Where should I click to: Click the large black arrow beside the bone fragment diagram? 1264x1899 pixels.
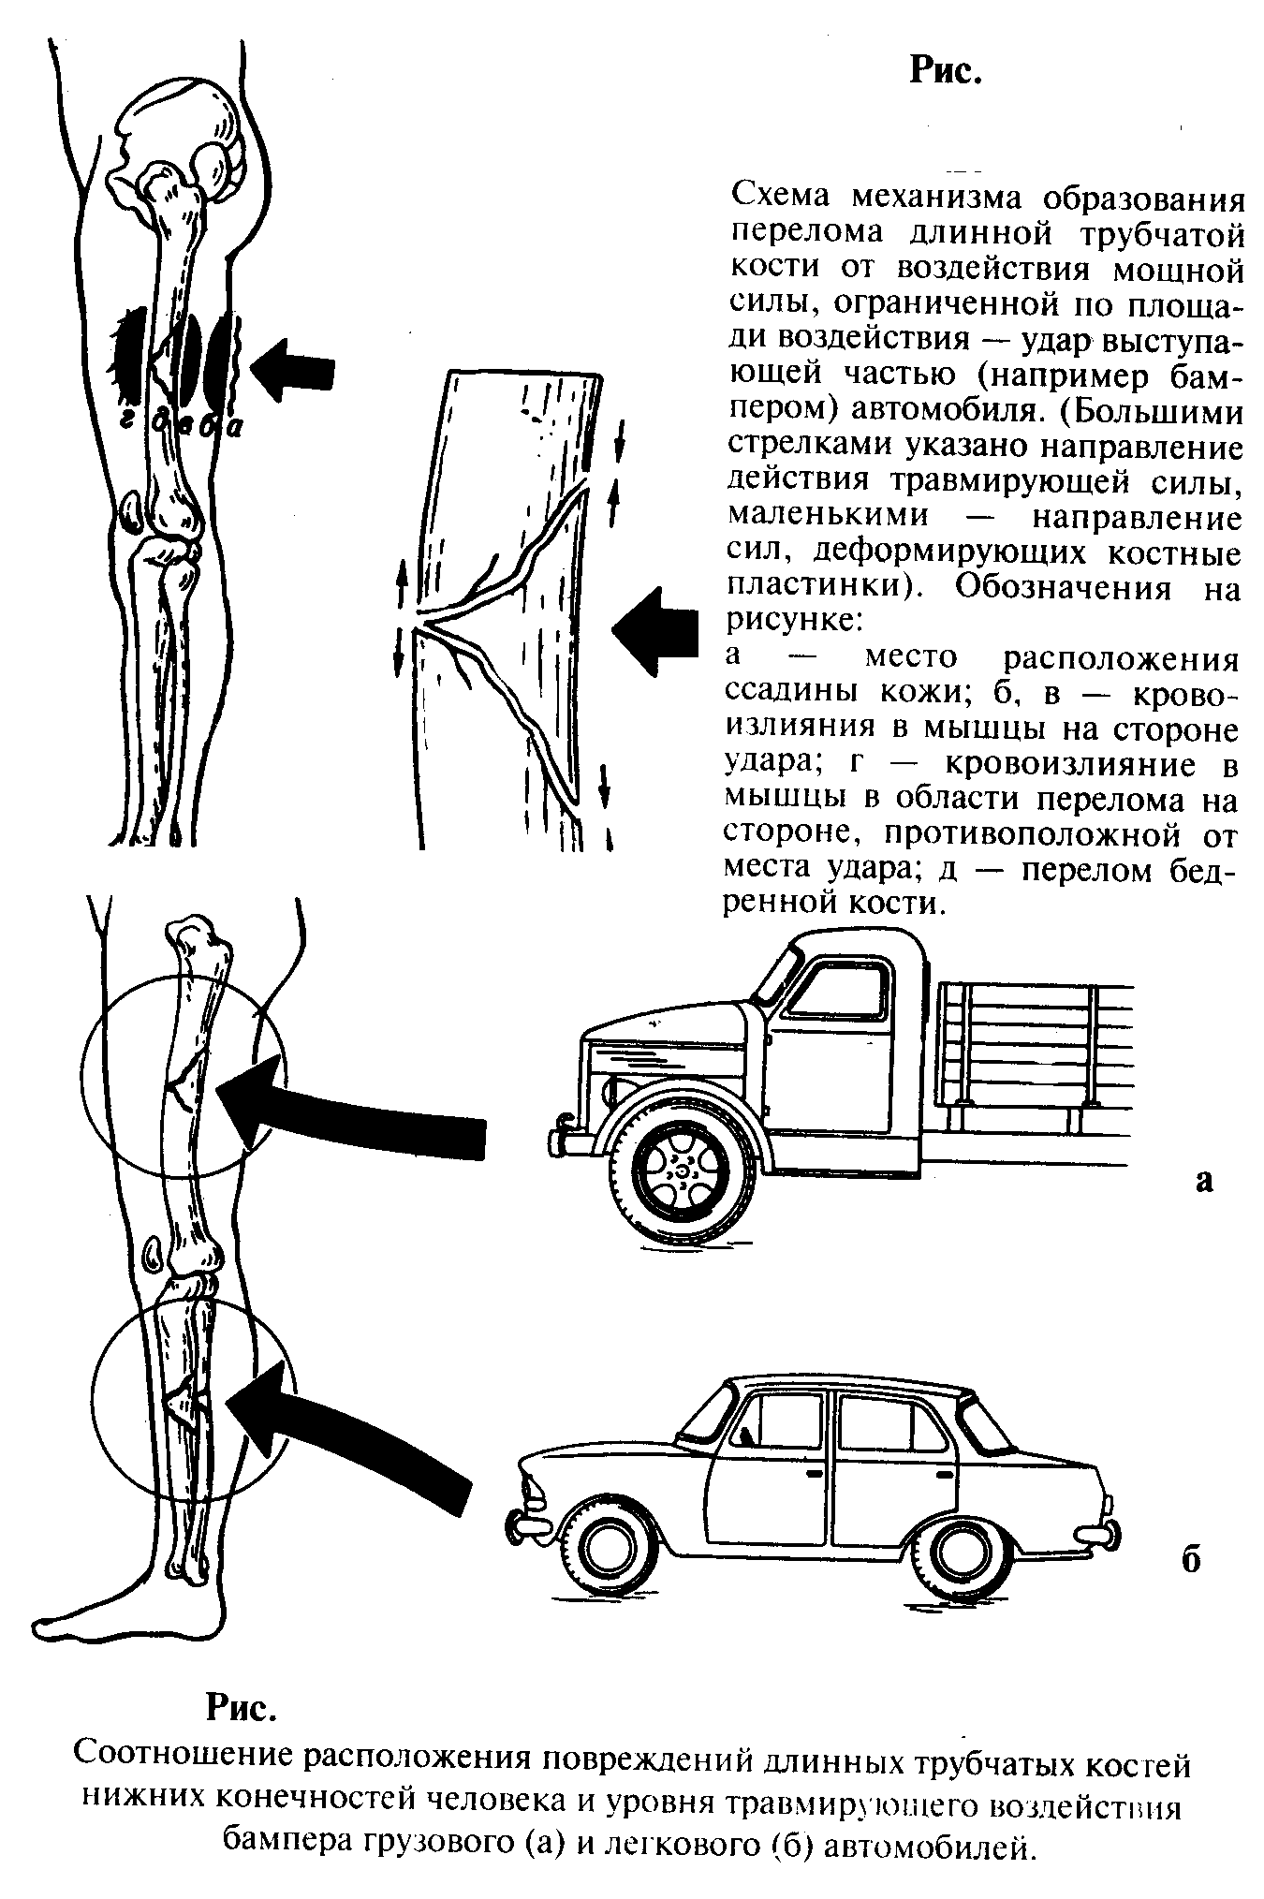(656, 628)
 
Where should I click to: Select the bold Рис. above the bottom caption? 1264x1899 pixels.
(242, 1707)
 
